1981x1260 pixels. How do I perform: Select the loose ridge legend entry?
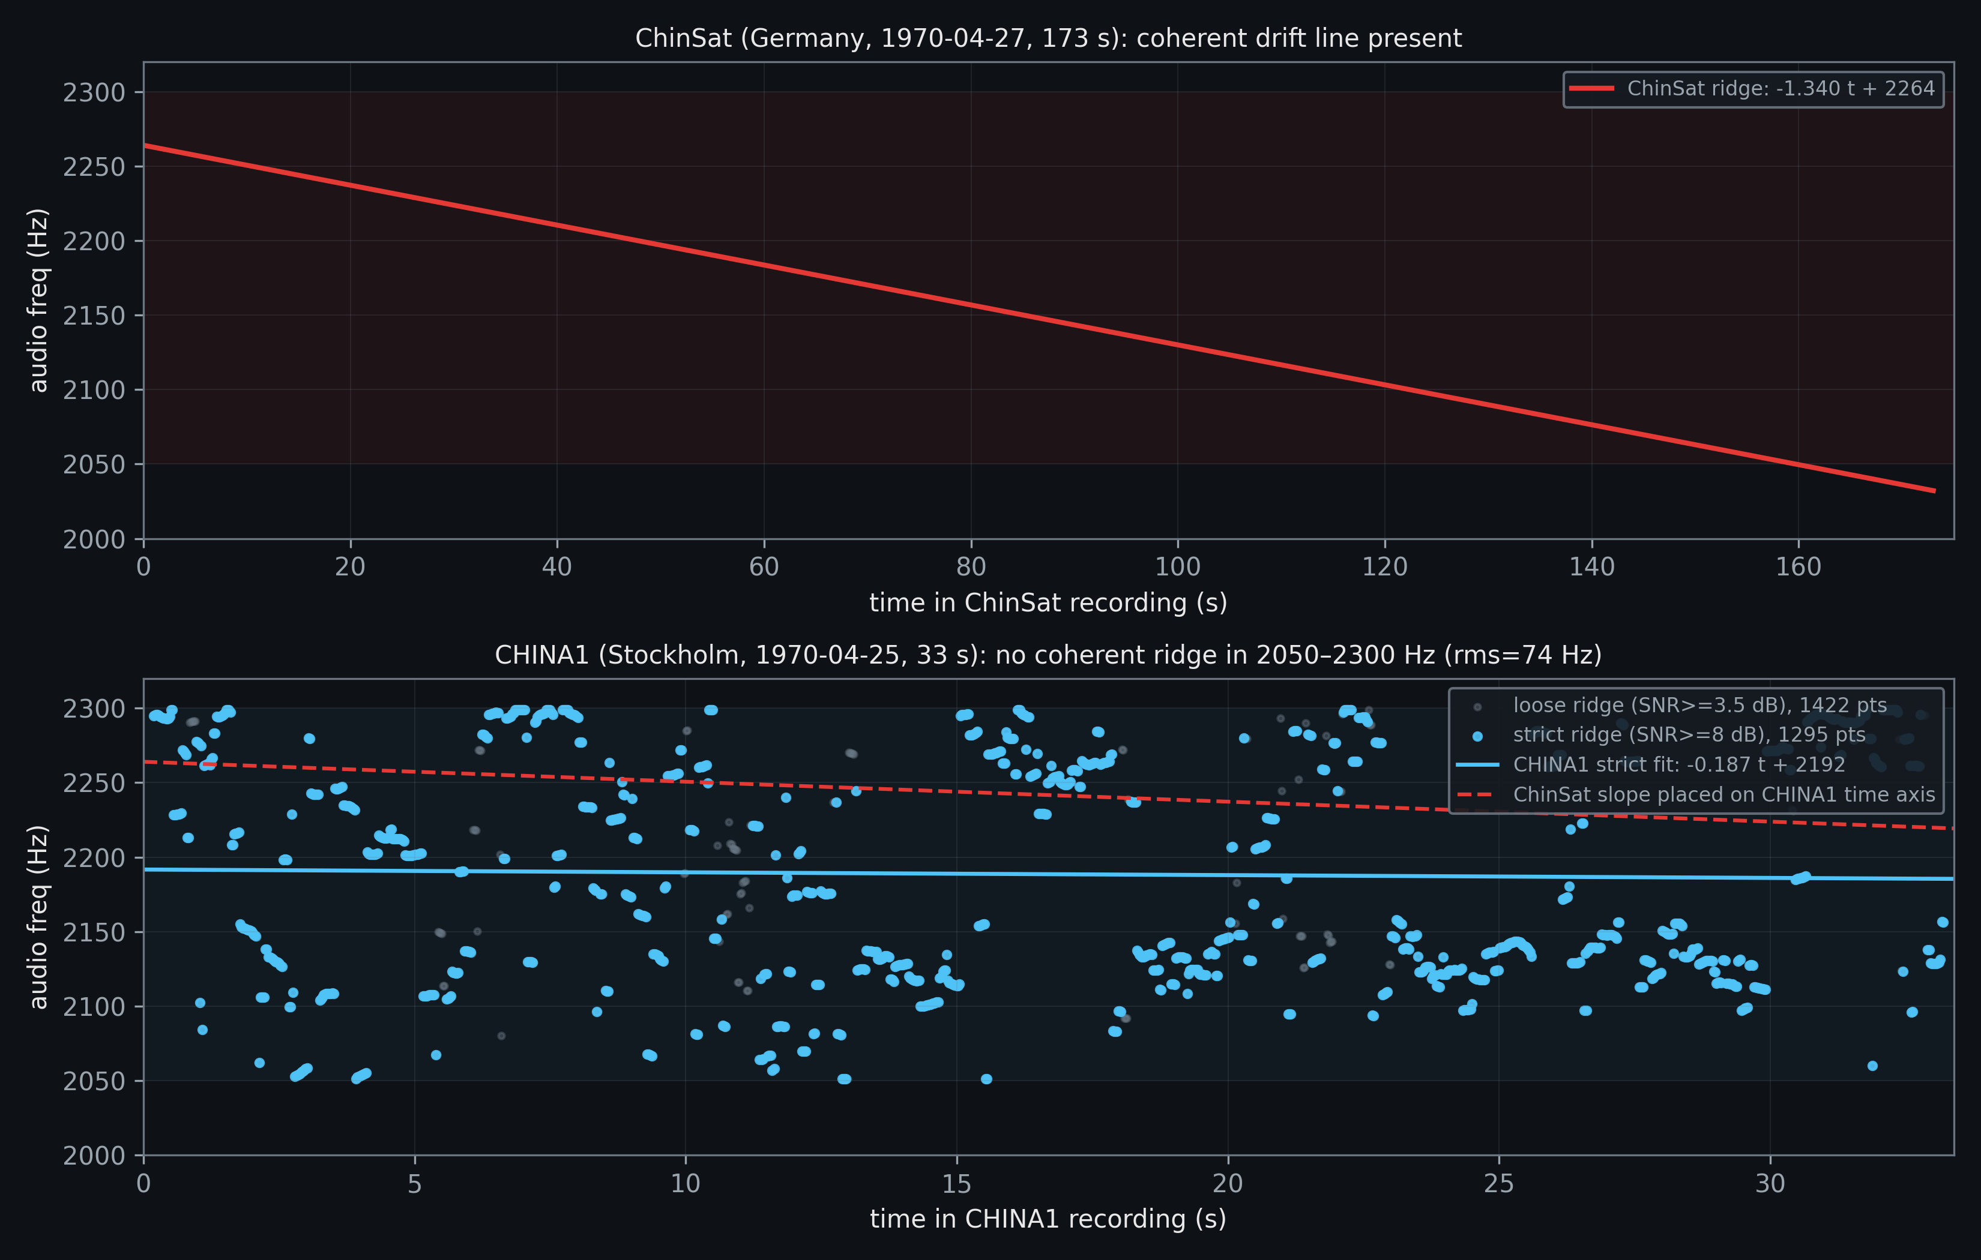coord(1699,706)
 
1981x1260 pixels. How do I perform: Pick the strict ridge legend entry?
coord(1688,735)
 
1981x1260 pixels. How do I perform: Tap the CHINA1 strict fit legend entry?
coord(1678,765)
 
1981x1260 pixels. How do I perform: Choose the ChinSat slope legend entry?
coord(1723,794)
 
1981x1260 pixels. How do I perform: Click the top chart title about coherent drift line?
coord(1048,38)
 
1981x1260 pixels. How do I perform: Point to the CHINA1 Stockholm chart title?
coord(1048,655)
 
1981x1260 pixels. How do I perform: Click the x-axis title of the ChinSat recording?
coord(1048,603)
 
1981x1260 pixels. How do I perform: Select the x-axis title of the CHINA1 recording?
coord(1048,1219)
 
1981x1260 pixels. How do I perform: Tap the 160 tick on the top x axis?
coord(1799,566)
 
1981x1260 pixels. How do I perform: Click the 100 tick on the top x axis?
coord(1177,566)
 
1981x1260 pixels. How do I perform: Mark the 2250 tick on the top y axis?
coord(94,167)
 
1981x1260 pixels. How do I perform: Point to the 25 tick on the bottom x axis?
coord(1498,1184)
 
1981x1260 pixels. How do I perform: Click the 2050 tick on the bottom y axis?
coord(94,1081)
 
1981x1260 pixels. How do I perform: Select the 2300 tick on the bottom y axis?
coord(94,709)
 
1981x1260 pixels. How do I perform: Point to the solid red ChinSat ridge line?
coord(971,305)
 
